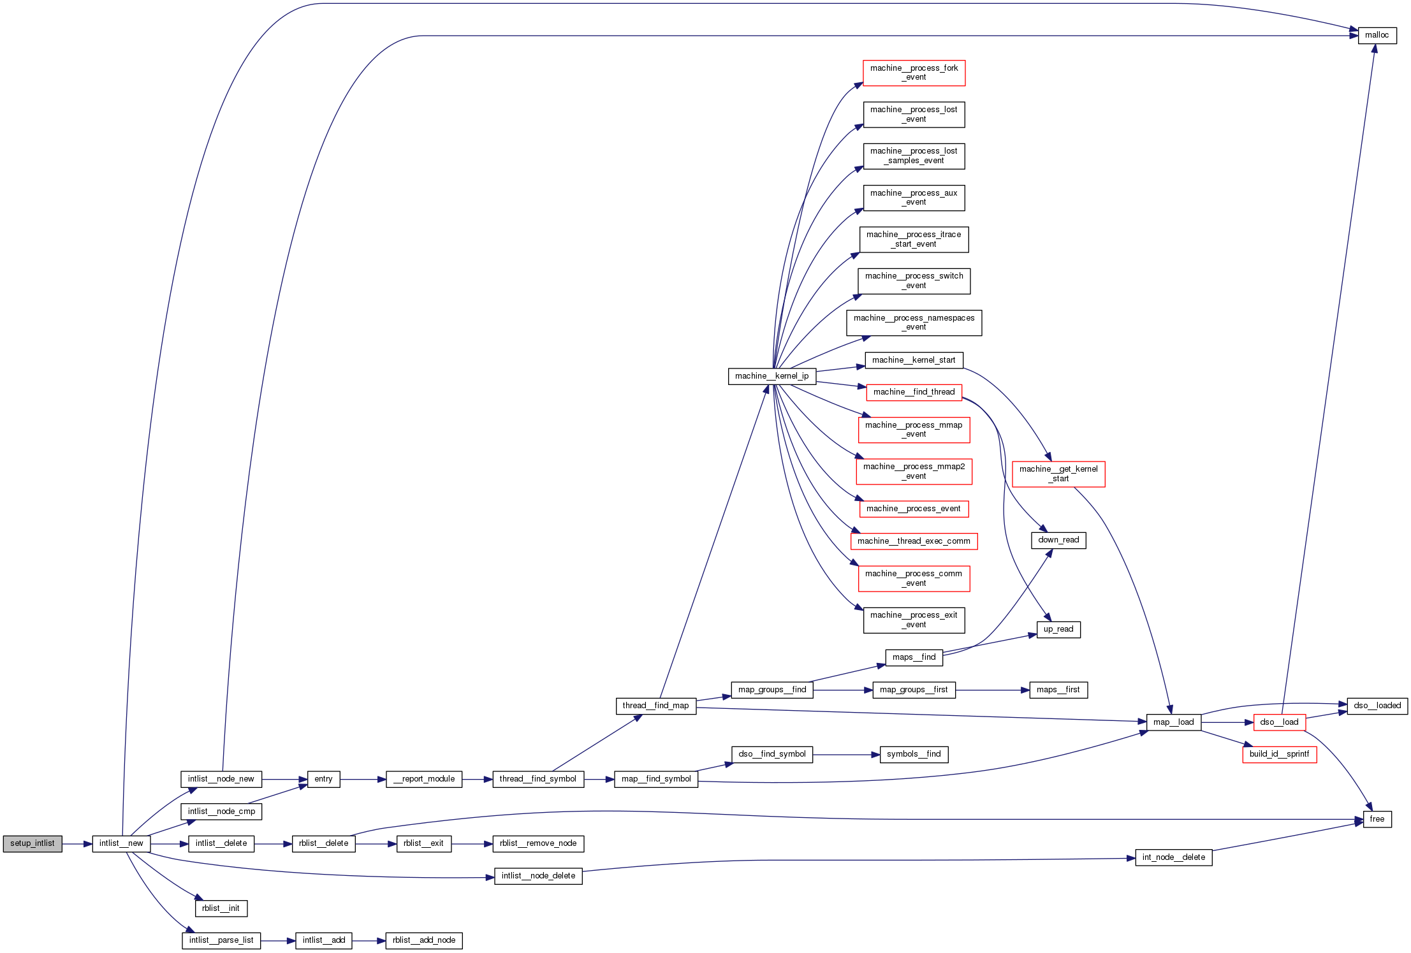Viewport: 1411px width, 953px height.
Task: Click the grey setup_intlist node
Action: [x=33, y=843]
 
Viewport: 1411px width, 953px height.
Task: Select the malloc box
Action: [x=1377, y=36]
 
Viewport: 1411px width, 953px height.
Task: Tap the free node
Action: [x=1377, y=819]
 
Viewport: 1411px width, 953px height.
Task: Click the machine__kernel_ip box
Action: [x=771, y=376]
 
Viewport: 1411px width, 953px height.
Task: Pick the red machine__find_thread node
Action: [x=914, y=392]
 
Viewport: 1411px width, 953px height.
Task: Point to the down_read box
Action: [x=1058, y=540]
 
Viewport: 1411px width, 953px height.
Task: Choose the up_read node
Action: [x=1058, y=629]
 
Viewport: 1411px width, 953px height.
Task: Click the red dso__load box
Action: [x=1279, y=722]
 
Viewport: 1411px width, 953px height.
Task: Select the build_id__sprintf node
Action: [x=1279, y=754]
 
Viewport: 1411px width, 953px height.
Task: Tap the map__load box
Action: [x=1173, y=722]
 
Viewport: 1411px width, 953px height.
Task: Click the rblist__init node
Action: [x=221, y=908]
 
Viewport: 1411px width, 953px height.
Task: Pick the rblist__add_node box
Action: [x=424, y=940]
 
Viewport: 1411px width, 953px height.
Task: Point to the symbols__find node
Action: [x=914, y=754]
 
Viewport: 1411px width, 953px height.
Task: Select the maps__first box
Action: [x=1058, y=690]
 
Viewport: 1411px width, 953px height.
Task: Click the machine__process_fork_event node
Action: [x=914, y=73]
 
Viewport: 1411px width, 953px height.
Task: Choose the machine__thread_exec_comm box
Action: [x=914, y=541]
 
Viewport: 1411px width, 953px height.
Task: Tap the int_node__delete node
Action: [x=1173, y=857]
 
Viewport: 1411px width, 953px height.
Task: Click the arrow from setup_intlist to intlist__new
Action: [x=77, y=844]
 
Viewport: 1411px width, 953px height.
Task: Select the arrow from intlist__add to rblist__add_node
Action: [x=369, y=941]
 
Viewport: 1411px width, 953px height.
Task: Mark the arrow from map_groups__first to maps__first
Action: [x=992, y=690]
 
